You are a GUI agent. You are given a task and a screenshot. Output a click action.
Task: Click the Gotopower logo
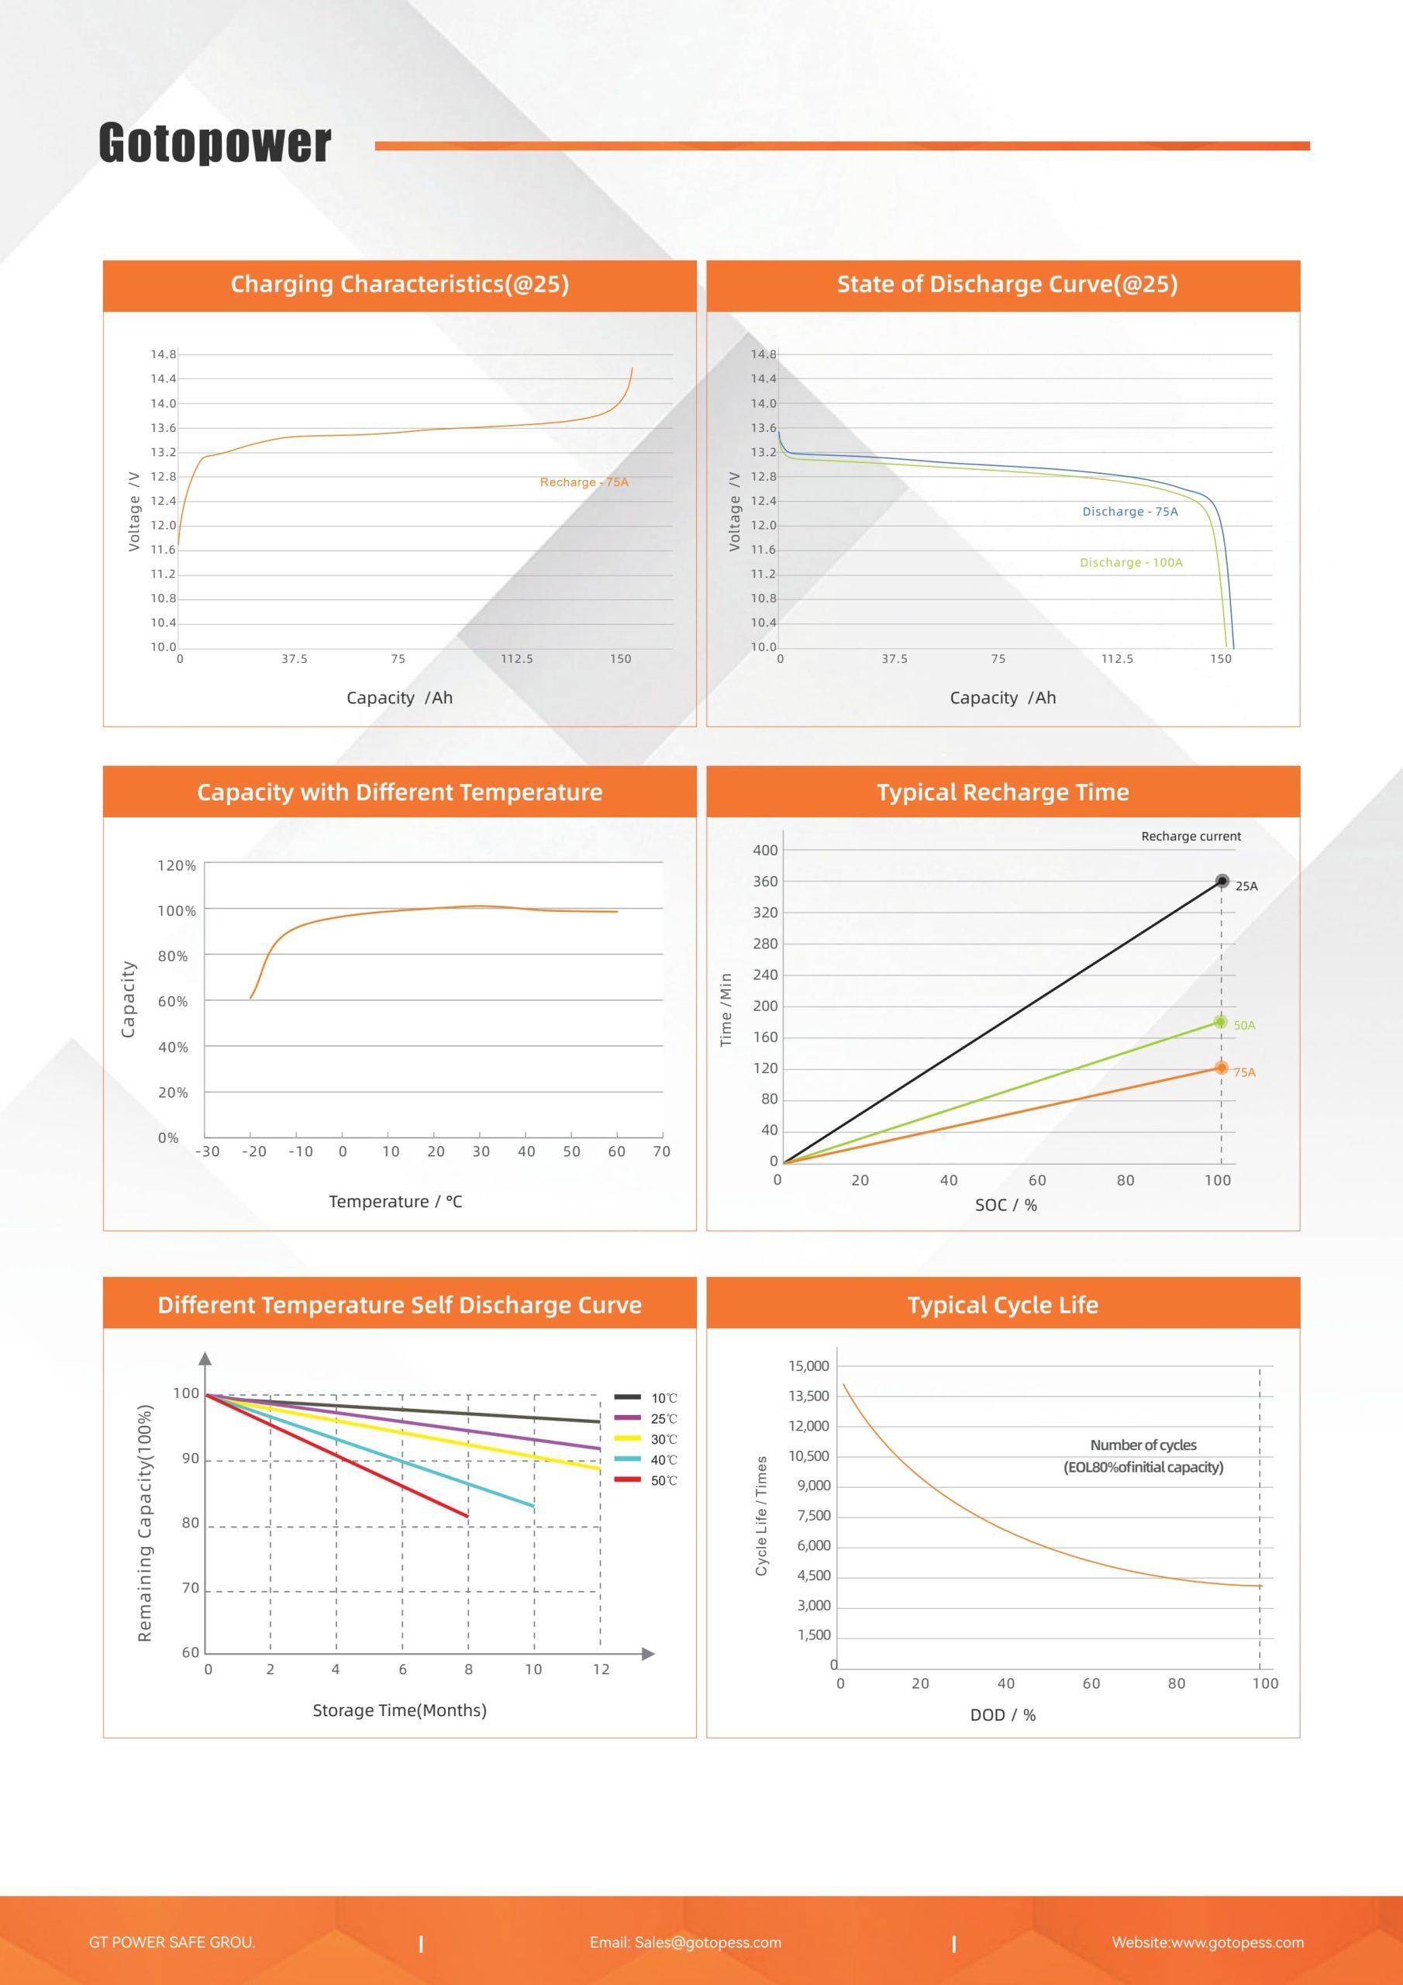[215, 143]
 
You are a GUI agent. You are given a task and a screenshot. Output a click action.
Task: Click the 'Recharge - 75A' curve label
[584, 482]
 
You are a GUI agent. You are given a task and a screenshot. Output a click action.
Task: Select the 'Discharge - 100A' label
[1130, 563]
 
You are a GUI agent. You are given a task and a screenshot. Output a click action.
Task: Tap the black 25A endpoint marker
[1222, 881]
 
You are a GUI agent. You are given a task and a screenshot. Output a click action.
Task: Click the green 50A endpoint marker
[1221, 1022]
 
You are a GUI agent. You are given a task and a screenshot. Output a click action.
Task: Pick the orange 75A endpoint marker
[1221, 1068]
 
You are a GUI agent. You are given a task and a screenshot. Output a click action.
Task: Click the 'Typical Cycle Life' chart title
[1003, 1305]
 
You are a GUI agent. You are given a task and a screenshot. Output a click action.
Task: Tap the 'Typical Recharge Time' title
[1003, 792]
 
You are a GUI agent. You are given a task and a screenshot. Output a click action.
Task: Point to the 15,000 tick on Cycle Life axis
[808, 1366]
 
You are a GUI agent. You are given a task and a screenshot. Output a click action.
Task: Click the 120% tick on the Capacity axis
[177, 865]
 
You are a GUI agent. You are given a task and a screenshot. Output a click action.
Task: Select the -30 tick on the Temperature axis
[208, 1151]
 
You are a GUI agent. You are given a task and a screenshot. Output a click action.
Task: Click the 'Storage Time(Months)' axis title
[399, 1710]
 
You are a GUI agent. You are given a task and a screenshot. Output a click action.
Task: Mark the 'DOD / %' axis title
[1003, 1715]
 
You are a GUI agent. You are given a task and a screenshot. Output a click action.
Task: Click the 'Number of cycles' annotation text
[1143, 1445]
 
